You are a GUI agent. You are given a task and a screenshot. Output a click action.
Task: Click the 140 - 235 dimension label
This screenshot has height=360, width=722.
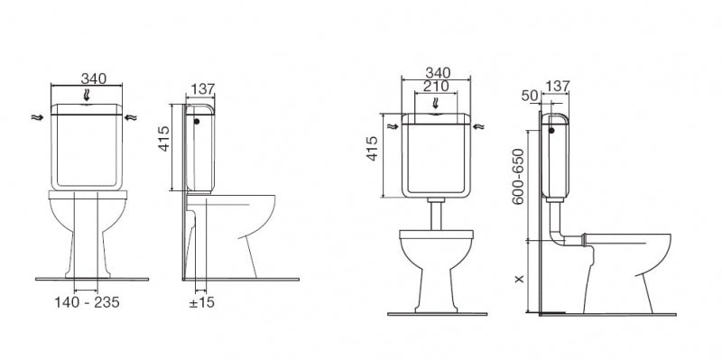[87, 302]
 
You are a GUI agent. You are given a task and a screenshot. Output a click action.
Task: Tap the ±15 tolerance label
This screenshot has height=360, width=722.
[201, 302]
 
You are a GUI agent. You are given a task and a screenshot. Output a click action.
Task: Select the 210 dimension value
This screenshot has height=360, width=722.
[436, 86]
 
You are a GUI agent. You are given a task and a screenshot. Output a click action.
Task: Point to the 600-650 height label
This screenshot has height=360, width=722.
[518, 176]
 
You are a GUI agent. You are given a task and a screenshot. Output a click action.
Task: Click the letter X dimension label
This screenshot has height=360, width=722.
[520, 279]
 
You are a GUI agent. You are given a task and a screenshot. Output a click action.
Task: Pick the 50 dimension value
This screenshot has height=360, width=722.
[530, 96]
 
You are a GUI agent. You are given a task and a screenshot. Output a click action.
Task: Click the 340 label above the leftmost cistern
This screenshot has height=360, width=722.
[94, 78]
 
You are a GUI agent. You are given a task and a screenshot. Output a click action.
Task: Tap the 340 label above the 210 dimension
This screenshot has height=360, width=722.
[438, 73]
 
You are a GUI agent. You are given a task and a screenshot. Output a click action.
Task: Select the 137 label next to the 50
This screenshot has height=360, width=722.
[558, 86]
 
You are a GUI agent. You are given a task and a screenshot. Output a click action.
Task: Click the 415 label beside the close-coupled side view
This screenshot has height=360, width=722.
[164, 139]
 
